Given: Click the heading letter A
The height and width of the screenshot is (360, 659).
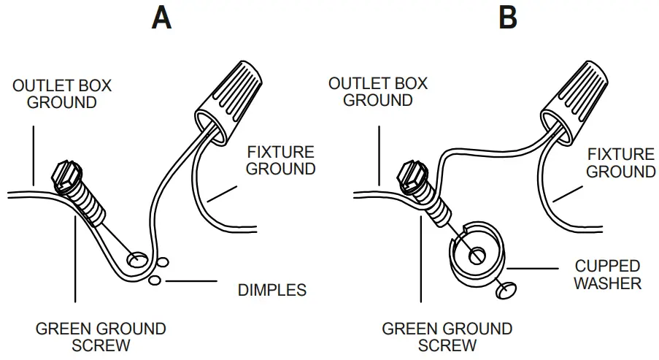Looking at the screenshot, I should click(x=161, y=18).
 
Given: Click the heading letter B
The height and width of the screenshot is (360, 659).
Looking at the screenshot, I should click(x=508, y=18).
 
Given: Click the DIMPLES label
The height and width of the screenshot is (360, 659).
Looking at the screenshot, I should click(x=272, y=290).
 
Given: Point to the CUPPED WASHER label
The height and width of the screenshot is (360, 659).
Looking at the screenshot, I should click(x=606, y=274).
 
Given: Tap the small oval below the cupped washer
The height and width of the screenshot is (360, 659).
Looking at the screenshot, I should click(x=505, y=291).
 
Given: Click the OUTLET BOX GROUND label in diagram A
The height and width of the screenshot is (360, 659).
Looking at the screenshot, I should click(x=62, y=93).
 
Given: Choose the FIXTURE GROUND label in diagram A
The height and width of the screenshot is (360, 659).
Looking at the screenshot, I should click(x=281, y=161).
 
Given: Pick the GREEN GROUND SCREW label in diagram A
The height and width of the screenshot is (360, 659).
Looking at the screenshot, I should click(x=101, y=336).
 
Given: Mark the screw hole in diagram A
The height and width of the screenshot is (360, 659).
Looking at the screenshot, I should click(x=136, y=258).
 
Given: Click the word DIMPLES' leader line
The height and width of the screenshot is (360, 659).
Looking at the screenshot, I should click(x=191, y=280).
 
